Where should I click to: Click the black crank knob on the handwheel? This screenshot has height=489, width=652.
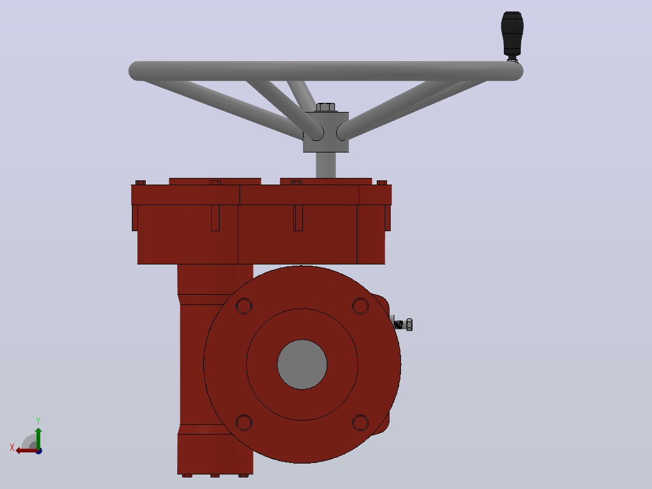(512, 33)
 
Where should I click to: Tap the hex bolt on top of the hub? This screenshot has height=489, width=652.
(325, 107)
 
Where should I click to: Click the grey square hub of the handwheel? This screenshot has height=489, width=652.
(325, 132)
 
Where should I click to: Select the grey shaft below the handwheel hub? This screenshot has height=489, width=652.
(325, 165)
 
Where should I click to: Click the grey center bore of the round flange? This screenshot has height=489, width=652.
(302, 364)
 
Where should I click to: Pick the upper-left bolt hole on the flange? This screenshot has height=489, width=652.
(244, 306)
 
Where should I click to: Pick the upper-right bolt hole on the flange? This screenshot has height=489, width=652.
(360, 306)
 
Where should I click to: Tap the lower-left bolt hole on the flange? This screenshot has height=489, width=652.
(244, 423)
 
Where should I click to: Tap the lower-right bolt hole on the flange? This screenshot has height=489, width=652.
(360, 423)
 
